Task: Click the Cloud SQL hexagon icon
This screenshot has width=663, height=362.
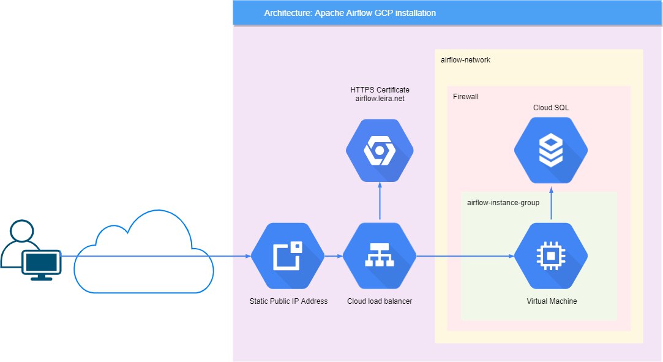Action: pyautogui.click(x=551, y=150)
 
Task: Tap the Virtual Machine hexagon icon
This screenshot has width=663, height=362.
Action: pyautogui.click(x=551, y=255)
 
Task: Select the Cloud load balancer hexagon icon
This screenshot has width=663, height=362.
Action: pyautogui.click(x=380, y=255)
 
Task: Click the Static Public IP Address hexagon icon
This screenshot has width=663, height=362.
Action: pyautogui.click(x=288, y=255)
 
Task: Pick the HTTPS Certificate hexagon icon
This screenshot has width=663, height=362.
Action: pyautogui.click(x=380, y=151)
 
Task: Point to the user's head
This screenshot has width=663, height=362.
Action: pyautogui.click(x=22, y=230)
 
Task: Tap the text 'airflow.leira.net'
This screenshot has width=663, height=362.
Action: pyautogui.click(x=380, y=99)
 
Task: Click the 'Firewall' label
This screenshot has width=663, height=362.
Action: pyautogui.click(x=465, y=96)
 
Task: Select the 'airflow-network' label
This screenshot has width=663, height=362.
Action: pyautogui.click(x=465, y=59)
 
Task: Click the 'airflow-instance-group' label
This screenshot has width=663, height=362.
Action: pyautogui.click(x=503, y=203)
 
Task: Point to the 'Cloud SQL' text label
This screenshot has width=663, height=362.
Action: pyautogui.click(x=551, y=107)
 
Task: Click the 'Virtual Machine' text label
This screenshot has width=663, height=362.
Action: pyautogui.click(x=552, y=301)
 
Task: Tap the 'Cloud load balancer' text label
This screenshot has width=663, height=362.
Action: pyautogui.click(x=380, y=301)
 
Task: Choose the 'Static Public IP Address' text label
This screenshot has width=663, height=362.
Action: pyautogui.click(x=288, y=301)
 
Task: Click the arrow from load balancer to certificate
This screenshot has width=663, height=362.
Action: pyautogui.click(x=380, y=201)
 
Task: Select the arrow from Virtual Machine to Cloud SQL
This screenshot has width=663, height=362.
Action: pyautogui.click(x=551, y=204)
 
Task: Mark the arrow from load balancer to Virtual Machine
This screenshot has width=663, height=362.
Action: pyautogui.click(x=465, y=256)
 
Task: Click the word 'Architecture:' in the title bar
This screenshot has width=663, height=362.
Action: pyautogui.click(x=288, y=13)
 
